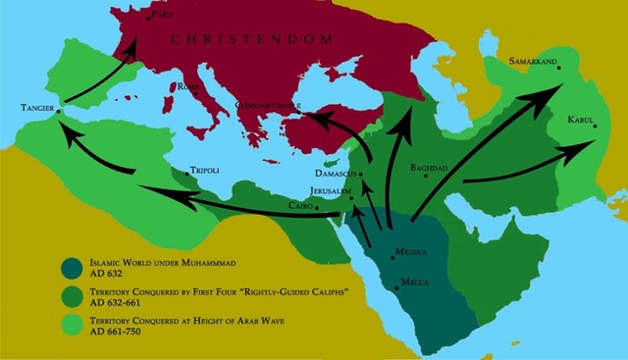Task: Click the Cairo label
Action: click(x=300, y=206)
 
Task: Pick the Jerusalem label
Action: click(x=326, y=191)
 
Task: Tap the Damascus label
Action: click(x=336, y=175)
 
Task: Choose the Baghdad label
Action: click(x=429, y=168)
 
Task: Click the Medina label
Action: click(x=409, y=252)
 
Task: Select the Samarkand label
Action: click(x=533, y=62)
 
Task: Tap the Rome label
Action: click(x=186, y=86)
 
